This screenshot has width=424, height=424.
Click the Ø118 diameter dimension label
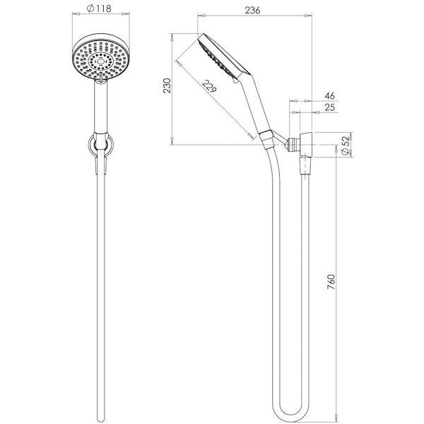[x=101, y=10]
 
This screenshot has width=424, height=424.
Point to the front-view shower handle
[x=101, y=110]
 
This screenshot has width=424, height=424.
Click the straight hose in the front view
[x=101, y=283]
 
